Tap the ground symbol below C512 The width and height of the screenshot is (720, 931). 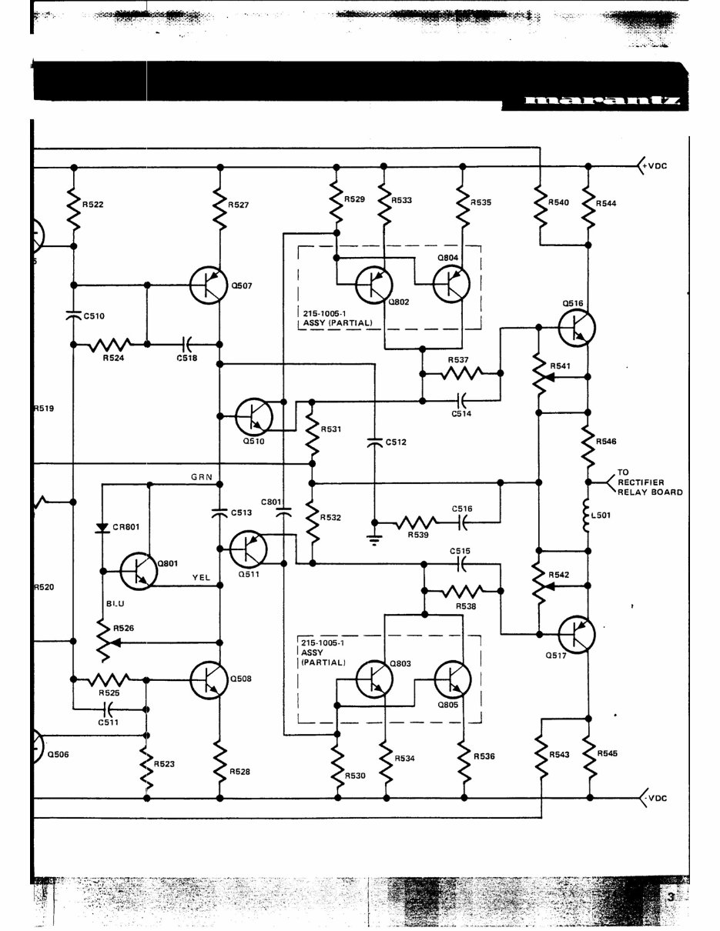373,538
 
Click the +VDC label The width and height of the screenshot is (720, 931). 657,166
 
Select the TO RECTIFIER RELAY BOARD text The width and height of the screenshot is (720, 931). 649,482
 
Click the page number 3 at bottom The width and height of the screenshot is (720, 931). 670,897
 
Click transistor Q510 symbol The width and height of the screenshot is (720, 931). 253,416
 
